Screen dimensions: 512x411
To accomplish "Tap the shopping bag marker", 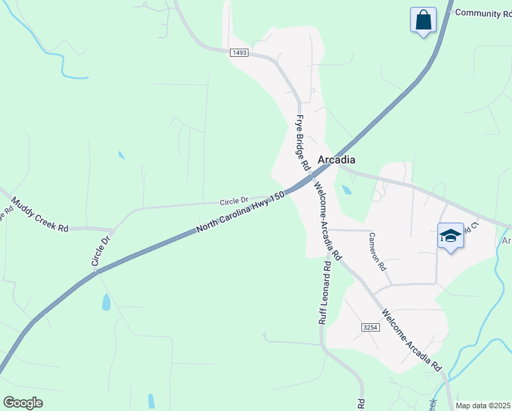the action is (424, 19).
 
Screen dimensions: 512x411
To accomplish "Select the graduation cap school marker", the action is (450, 236).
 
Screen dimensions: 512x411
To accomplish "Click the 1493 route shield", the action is (239, 53).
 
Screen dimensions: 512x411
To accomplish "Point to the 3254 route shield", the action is (370, 328).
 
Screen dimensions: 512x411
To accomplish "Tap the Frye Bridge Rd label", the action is (303, 142).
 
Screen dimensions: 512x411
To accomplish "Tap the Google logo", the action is (23, 403).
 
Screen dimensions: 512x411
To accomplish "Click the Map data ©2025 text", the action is (483, 406).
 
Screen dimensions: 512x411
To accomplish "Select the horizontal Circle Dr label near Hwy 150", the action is (234, 201).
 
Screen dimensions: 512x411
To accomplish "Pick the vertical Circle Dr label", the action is (101, 251).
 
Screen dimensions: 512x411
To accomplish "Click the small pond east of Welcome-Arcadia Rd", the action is (347, 190).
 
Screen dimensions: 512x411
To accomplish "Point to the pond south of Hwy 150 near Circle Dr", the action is (106, 301).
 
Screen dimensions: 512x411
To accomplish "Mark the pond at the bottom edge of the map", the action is (151, 401).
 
